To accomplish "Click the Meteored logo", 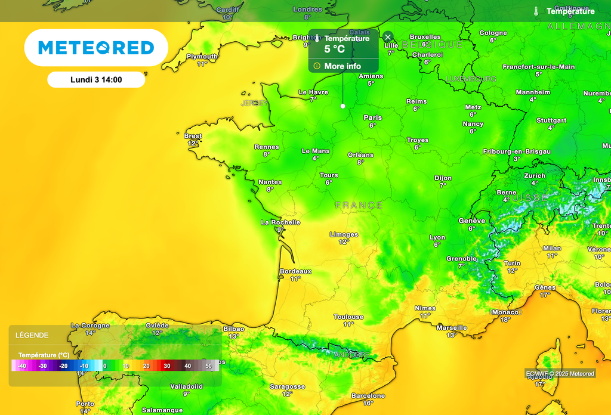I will pyautogui.click(x=96, y=48).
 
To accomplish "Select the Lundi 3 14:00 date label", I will pyautogui.click(x=96, y=79).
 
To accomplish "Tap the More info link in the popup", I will pyautogui.click(x=342, y=66).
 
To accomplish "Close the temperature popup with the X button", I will pyautogui.click(x=388, y=37).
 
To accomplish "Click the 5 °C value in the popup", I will pyautogui.click(x=334, y=49).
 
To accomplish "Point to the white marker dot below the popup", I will pyautogui.click(x=342, y=106).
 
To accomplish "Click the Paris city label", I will pyautogui.click(x=373, y=117).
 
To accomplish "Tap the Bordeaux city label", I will pyautogui.click(x=295, y=271).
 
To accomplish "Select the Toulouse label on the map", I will pyautogui.click(x=348, y=317).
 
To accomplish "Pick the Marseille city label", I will pyautogui.click(x=452, y=327).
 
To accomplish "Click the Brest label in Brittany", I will pyautogui.click(x=193, y=136).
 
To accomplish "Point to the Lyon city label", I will pyautogui.click(x=437, y=237).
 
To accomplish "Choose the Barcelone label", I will pyautogui.click(x=368, y=396).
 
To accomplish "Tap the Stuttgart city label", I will pyautogui.click(x=551, y=120).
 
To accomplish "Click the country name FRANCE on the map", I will pyautogui.click(x=359, y=205).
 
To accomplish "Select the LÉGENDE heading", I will pyautogui.click(x=32, y=335).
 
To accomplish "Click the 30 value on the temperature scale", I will pyautogui.click(x=167, y=366).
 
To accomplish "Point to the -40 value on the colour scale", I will pyautogui.click(x=22, y=366).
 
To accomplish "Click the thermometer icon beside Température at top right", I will pyautogui.click(x=536, y=11).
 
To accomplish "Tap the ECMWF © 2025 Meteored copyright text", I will pyautogui.click(x=560, y=374).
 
